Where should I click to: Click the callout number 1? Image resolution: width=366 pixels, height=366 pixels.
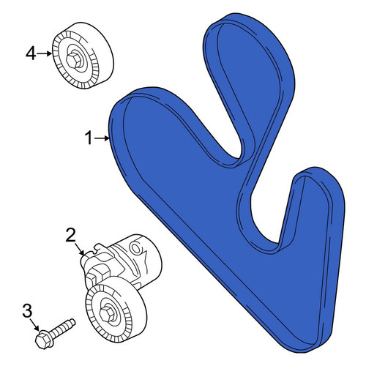[x=89, y=138]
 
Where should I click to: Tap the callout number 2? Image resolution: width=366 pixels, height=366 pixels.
[x=71, y=235]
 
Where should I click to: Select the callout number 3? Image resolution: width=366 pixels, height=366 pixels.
[x=27, y=310]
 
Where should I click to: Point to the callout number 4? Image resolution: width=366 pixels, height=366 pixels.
[x=31, y=53]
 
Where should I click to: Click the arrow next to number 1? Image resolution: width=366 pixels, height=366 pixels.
[x=102, y=138]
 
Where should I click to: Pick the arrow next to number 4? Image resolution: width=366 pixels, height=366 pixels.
[x=45, y=53]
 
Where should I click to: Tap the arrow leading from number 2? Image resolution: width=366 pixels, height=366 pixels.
[x=80, y=249]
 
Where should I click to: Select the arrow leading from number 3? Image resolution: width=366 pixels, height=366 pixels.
[x=35, y=325]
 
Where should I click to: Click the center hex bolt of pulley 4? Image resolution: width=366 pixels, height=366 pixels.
[x=74, y=60]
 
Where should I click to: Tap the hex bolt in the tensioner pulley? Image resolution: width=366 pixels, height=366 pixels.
[x=107, y=314]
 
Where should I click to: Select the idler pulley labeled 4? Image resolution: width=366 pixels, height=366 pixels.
[x=83, y=56]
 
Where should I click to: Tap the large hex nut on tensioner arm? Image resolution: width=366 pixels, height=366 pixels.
[x=97, y=273]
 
